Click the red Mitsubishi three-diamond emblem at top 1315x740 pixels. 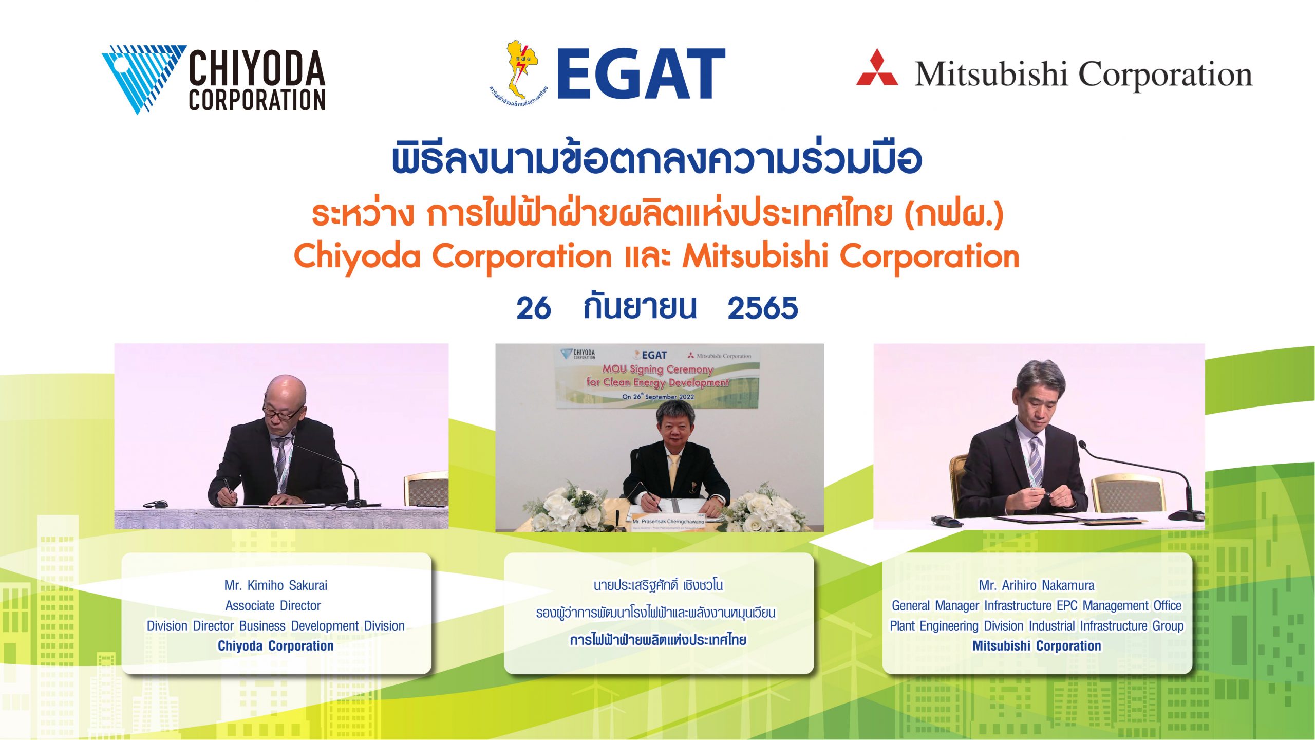(x=876, y=68)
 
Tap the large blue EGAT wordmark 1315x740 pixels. (x=641, y=74)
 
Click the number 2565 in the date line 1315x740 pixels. (x=762, y=308)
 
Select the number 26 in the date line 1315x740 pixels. (x=533, y=308)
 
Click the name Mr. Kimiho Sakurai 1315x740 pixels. (x=275, y=585)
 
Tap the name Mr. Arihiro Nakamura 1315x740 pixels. (x=1036, y=585)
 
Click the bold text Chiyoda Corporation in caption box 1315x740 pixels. (x=275, y=646)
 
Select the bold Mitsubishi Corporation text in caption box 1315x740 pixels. (x=1036, y=646)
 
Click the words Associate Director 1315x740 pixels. (x=273, y=606)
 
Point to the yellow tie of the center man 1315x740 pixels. (x=672, y=470)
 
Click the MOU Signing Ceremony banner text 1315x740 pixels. (x=657, y=369)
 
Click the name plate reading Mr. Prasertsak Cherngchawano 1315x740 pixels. (x=668, y=521)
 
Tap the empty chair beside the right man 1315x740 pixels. (x=1128, y=493)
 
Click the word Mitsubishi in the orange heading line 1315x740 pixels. (x=755, y=256)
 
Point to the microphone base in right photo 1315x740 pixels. (x=1187, y=514)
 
